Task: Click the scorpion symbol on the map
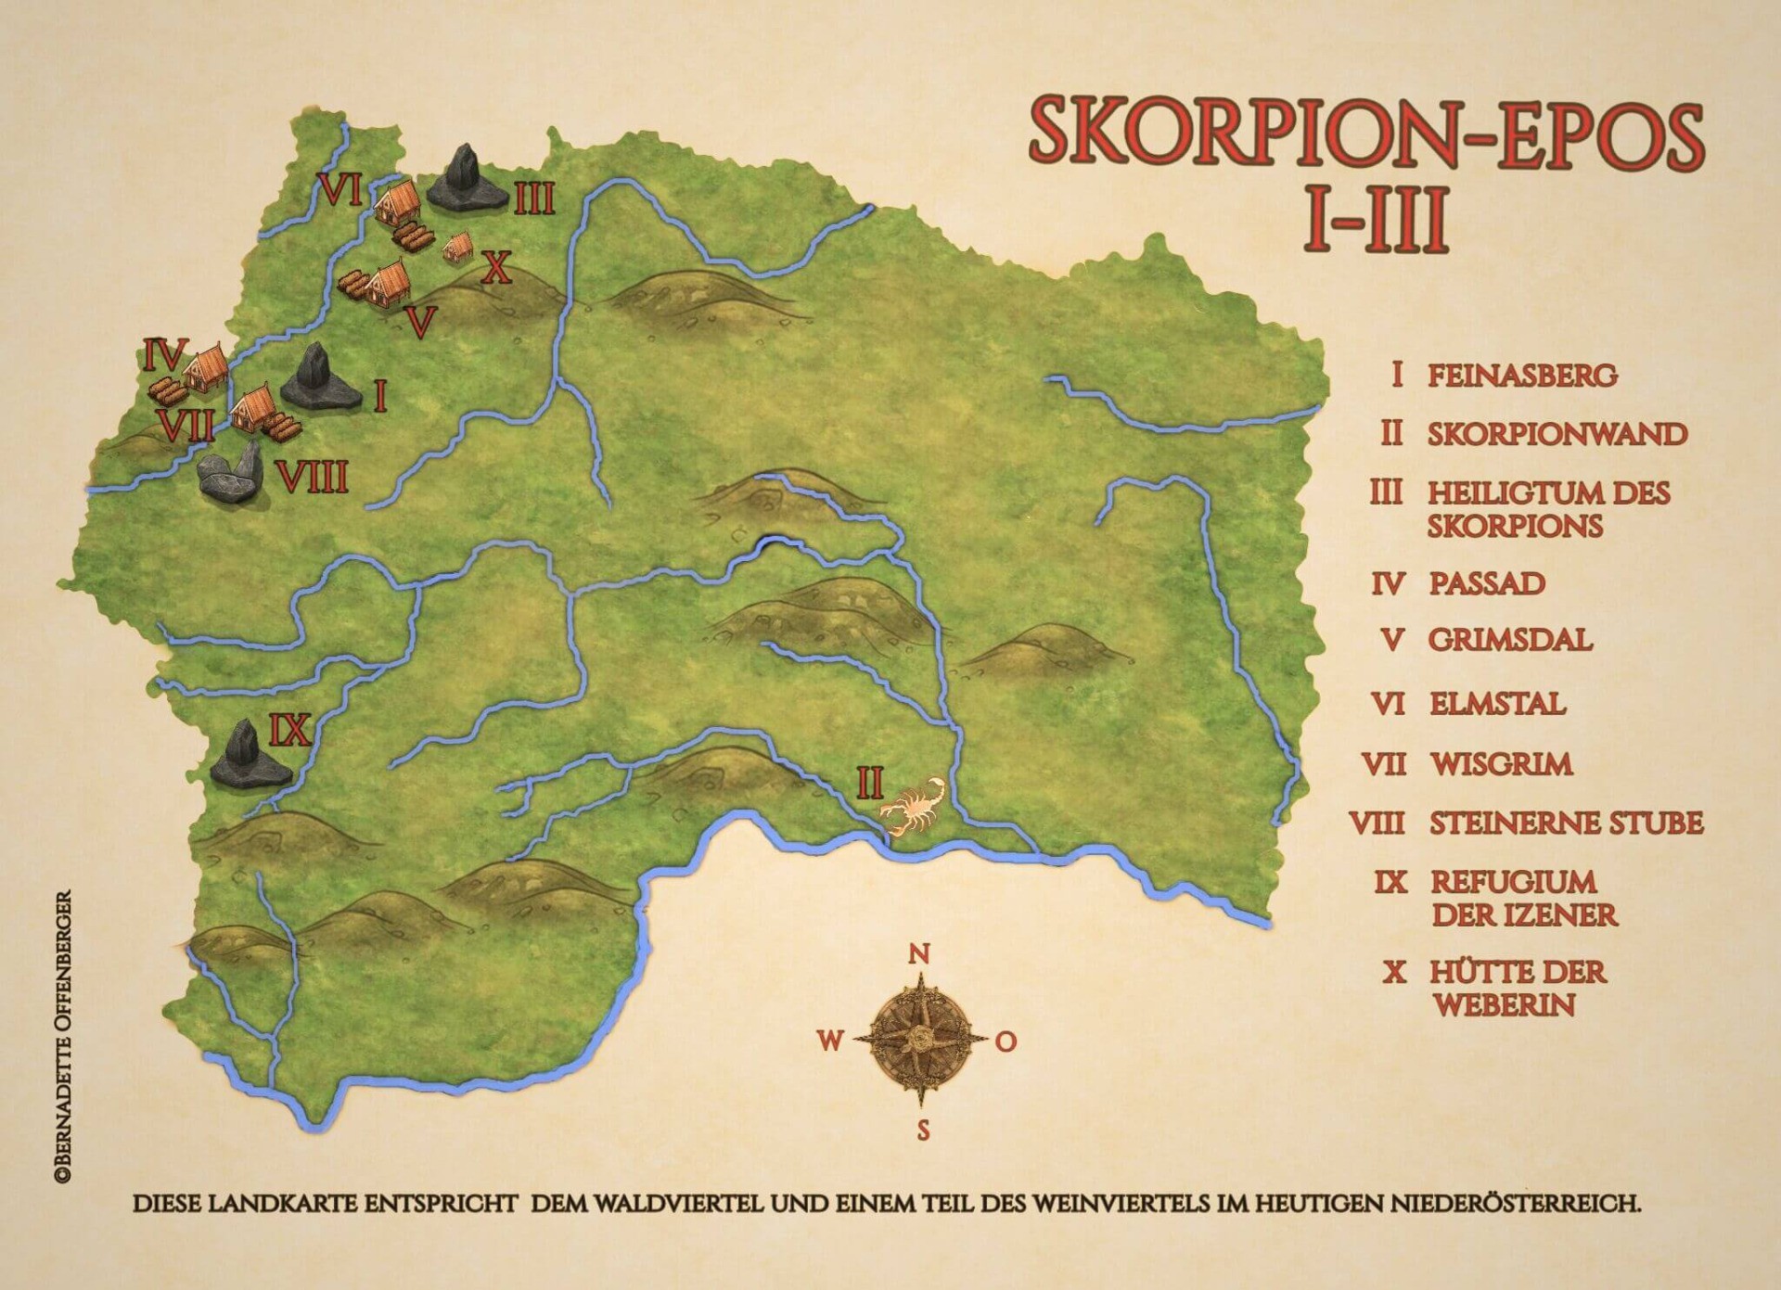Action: (x=915, y=804)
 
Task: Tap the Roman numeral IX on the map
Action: (x=289, y=731)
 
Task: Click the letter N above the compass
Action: (x=918, y=954)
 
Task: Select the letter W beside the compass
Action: (x=829, y=1041)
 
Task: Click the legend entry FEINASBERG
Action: (x=1521, y=376)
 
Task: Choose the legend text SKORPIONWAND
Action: (x=1556, y=434)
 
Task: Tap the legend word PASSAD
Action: (x=1487, y=583)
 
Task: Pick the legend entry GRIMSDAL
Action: (x=1510, y=640)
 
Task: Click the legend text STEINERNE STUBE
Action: (x=1566, y=823)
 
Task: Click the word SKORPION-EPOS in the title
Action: (x=1365, y=134)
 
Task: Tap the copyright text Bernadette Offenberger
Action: (x=63, y=1036)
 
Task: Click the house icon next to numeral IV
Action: (x=204, y=367)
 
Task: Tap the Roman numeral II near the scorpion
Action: (x=869, y=784)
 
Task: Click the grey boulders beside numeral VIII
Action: (x=231, y=473)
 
